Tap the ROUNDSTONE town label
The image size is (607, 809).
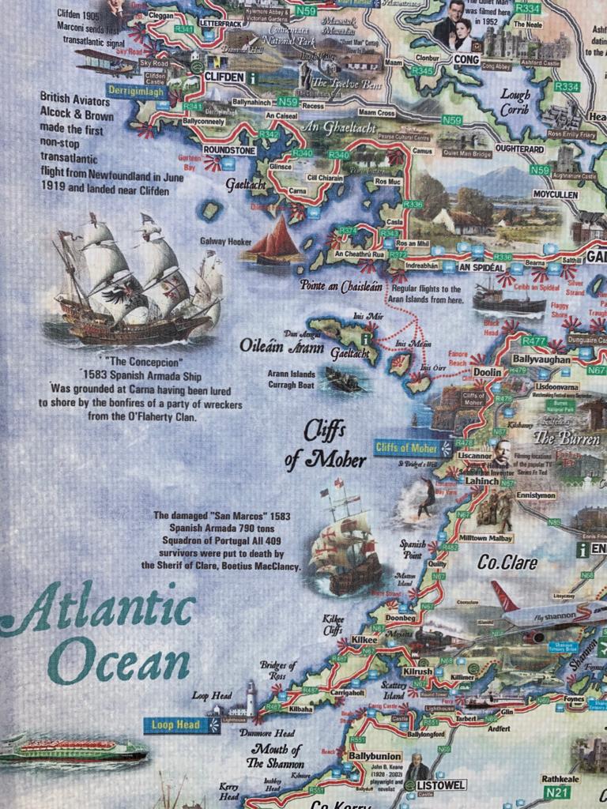pos(228,149)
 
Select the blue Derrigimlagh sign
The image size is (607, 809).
pos(137,92)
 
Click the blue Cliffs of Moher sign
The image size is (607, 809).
pos(406,448)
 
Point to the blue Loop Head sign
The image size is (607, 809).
pos(173,724)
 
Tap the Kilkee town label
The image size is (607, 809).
pos(364,639)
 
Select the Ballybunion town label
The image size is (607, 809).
pos(375,756)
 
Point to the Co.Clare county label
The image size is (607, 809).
pos(507,563)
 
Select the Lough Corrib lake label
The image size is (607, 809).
pos(515,103)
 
